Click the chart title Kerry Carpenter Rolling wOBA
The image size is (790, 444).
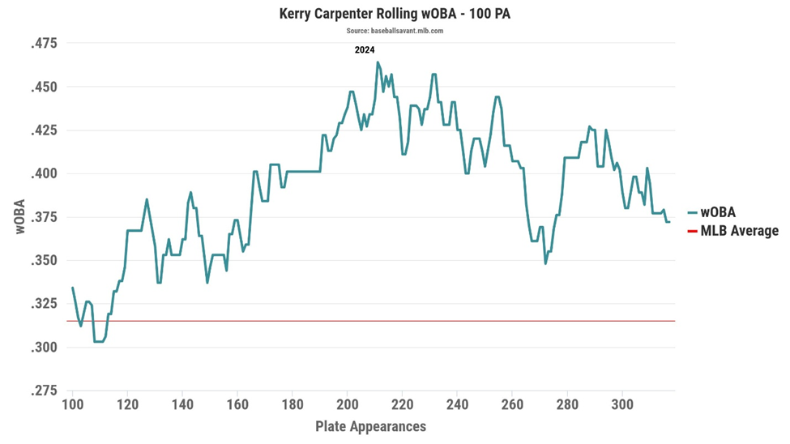pos(395,14)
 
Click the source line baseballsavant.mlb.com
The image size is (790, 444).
pos(395,31)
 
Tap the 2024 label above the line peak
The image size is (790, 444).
pos(365,50)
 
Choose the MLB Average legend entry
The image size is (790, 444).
pos(738,231)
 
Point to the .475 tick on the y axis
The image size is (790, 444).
pos(45,44)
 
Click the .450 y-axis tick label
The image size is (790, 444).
pos(45,88)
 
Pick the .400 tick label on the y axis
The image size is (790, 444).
pos(45,174)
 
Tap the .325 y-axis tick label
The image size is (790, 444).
pos(45,305)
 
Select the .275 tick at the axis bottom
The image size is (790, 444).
pos(45,391)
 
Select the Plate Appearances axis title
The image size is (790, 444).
pos(370,426)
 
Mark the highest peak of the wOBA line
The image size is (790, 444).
pos(378,62)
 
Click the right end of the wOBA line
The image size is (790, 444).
pos(669,222)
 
